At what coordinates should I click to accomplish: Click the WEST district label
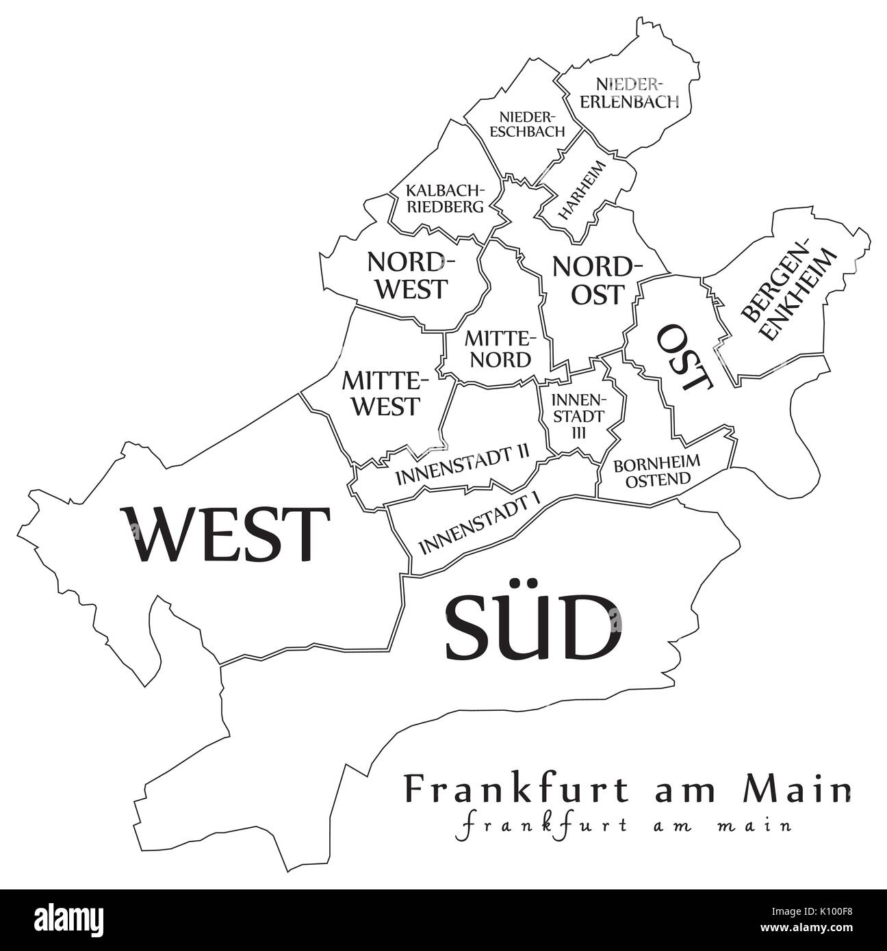[224, 533]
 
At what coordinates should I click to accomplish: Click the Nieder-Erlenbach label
[637, 93]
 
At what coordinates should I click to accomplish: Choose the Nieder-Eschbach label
[532, 124]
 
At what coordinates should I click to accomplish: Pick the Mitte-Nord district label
[498, 349]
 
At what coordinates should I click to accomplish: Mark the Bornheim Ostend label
[657, 471]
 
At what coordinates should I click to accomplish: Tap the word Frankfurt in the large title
[517, 790]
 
